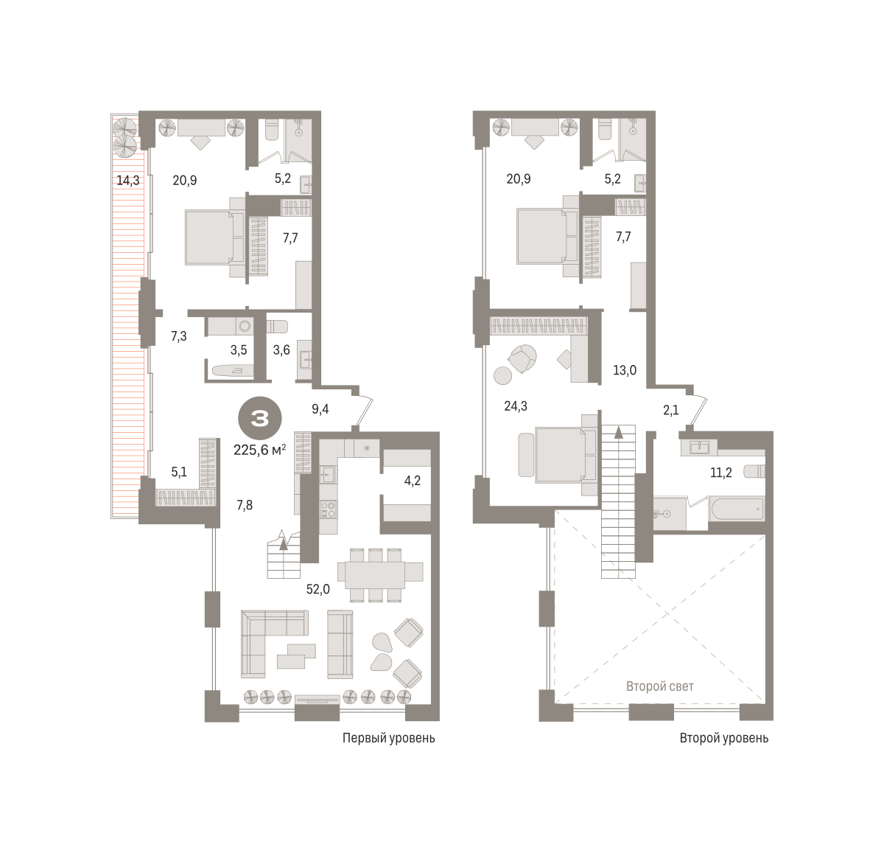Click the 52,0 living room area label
click(318, 589)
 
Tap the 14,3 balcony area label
click(128, 181)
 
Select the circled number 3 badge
click(260, 418)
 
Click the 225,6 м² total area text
click(259, 450)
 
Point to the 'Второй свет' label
click(659, 686)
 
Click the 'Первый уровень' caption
click(388, 738)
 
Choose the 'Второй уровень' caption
click(723, 738)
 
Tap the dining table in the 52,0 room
click(375, 575)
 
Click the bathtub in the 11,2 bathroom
click(736, 509)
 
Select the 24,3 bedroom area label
click(516, 406)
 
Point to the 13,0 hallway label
click(625, 370)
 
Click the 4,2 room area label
click(412, 480)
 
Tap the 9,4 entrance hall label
click(320, 409)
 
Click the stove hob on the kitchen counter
click(328, 509)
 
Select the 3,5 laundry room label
click(239, 349)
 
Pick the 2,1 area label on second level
click(670, 410)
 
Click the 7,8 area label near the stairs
click(245, 504)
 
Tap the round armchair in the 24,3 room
click(522, 358)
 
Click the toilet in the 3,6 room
click(277, 327)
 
